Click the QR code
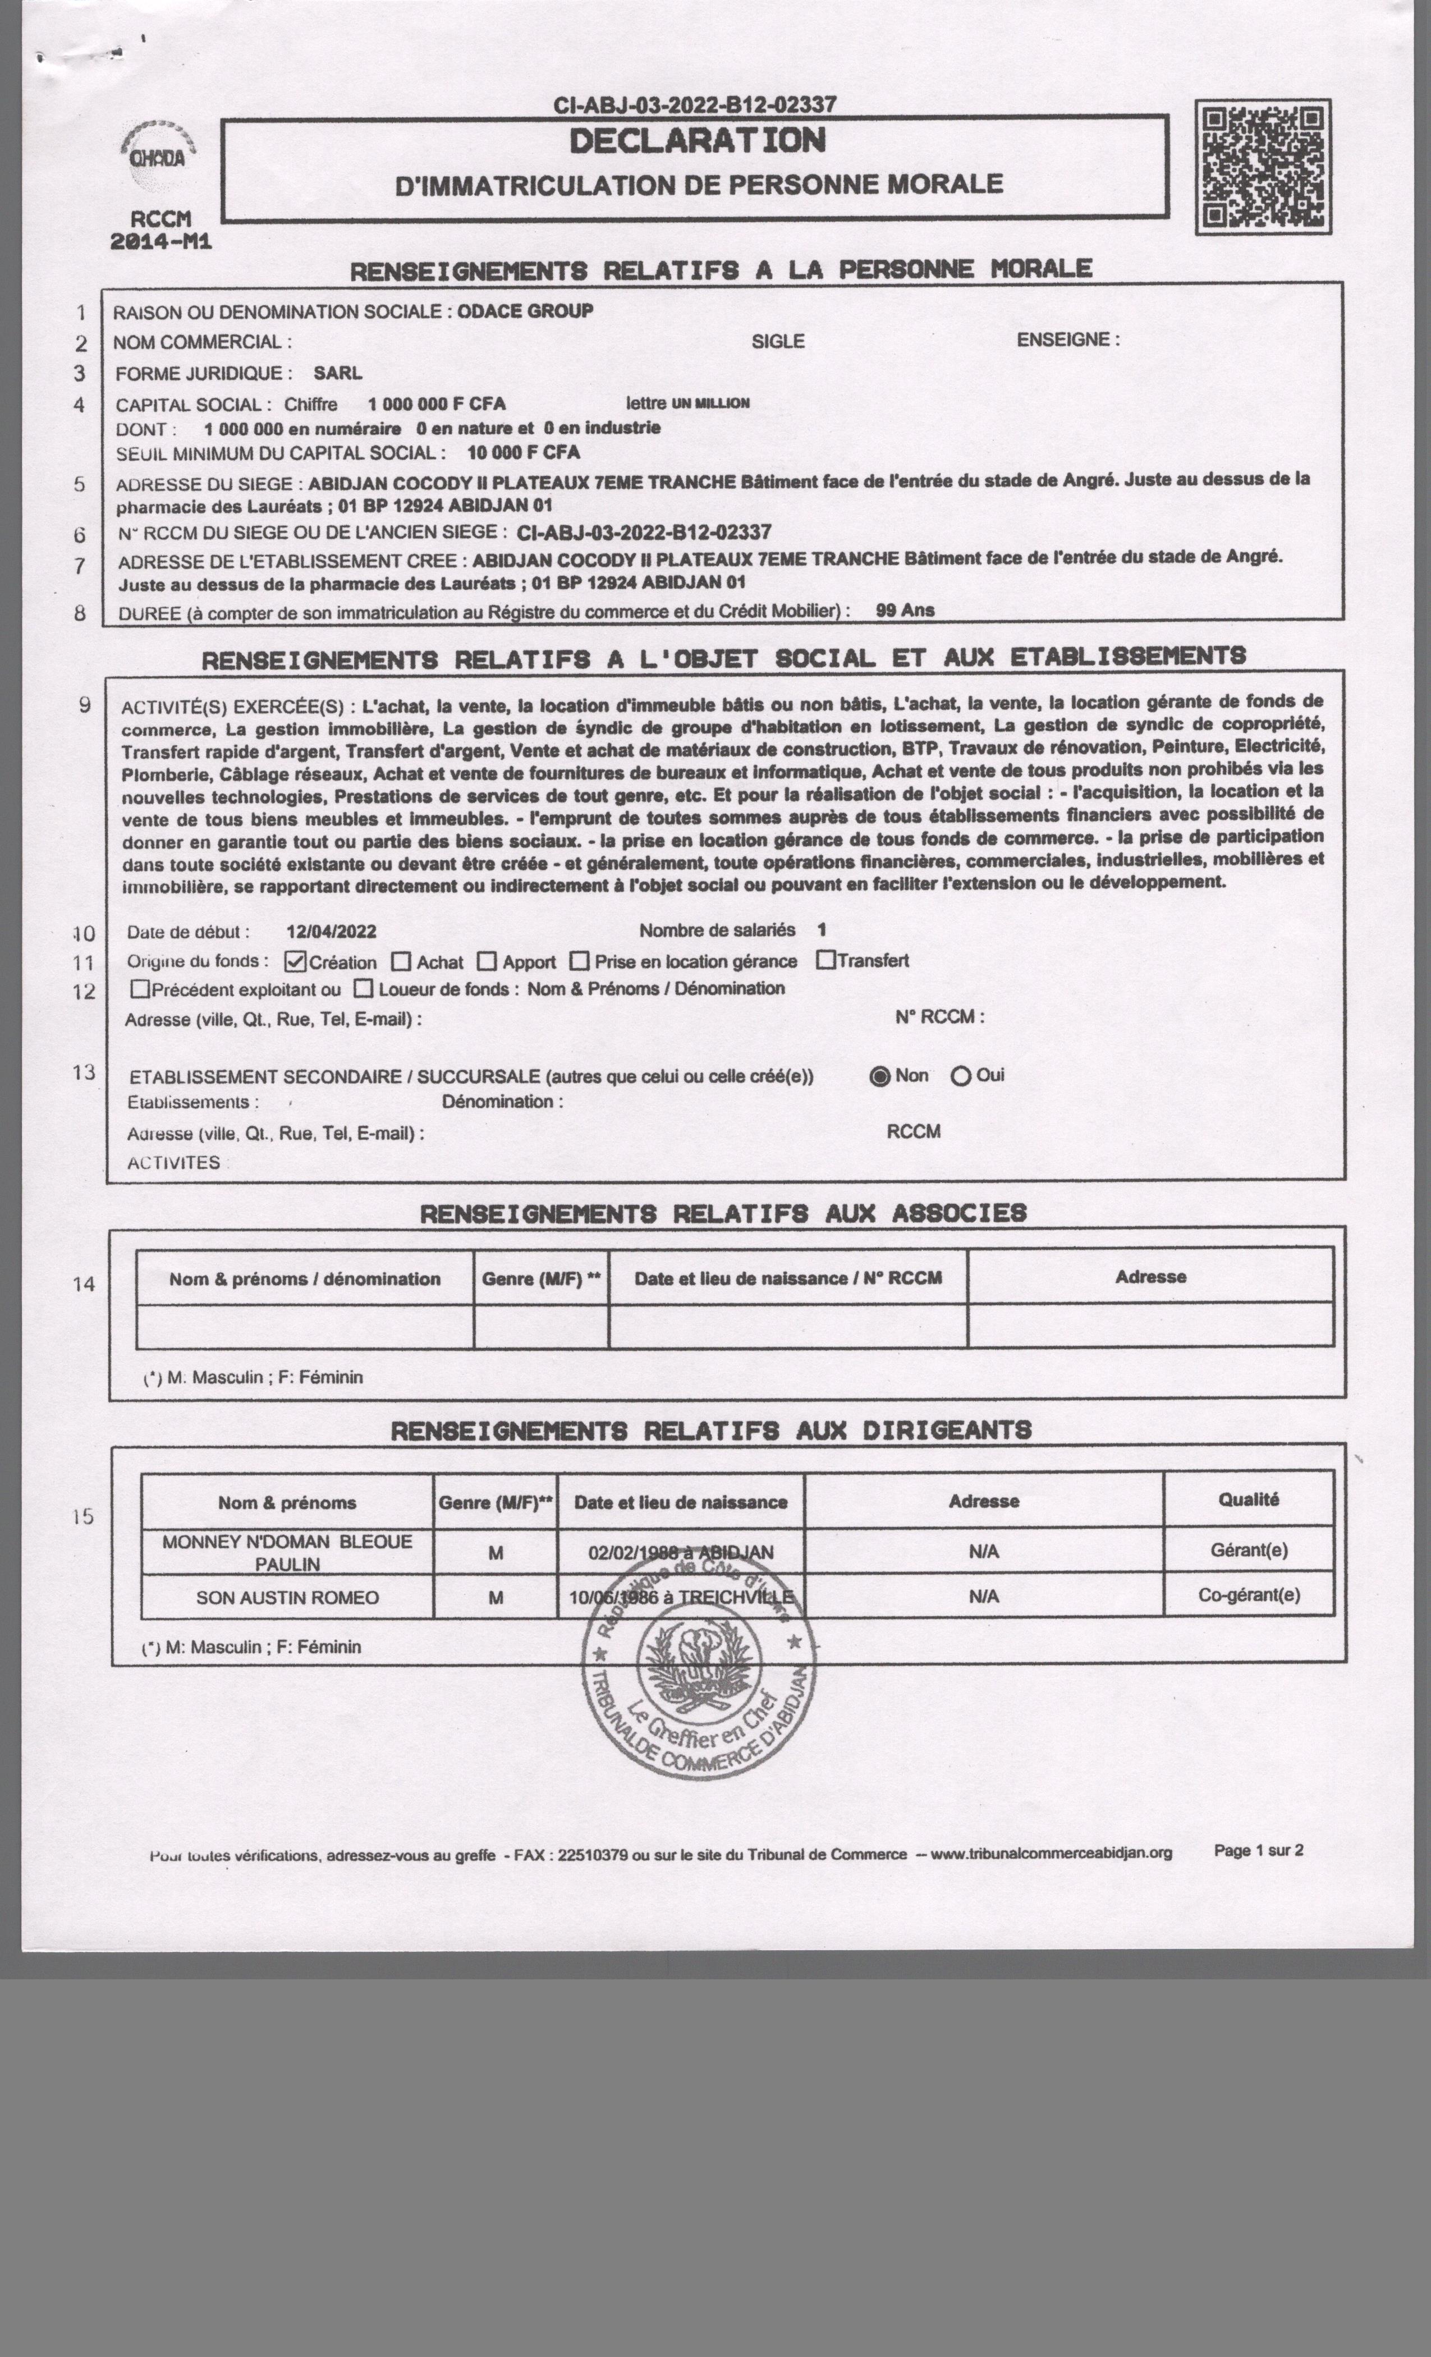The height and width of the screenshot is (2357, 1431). (1263, 167)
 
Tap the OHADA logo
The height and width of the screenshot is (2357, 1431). (158, 151)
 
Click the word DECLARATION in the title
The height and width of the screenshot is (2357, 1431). (698, 141)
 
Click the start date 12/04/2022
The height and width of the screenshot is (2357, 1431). (331, 932)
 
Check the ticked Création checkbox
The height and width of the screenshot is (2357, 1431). (296, 961)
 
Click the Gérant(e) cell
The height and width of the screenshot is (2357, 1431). (1248, 1549)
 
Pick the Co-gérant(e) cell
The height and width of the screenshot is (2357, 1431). (1248, 1594)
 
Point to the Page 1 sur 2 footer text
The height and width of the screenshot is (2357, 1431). (1258, 1851)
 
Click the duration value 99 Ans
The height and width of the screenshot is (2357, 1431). (905, 611)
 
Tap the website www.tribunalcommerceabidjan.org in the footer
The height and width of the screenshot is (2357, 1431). (1051, 1853)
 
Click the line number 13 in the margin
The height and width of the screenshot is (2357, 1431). (84, 1072)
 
